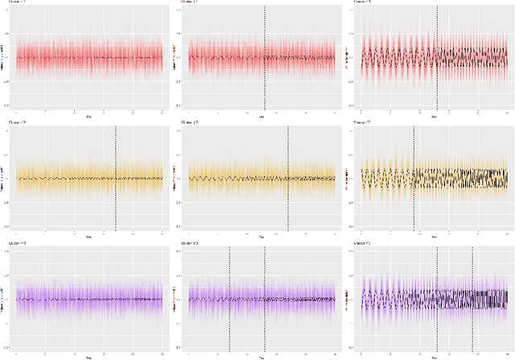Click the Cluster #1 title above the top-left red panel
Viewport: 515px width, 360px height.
pyautogui.click(x=17, y=2)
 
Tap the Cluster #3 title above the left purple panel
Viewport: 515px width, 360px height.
pyautogui.click(x=17, y=242)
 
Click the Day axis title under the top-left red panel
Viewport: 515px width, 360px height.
pyautogui.click(x=89, y=117)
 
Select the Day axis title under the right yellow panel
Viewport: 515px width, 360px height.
pyautogui.click(x=435, y=237)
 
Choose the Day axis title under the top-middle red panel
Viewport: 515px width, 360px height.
pyautogui.click(x=262, y=117)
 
